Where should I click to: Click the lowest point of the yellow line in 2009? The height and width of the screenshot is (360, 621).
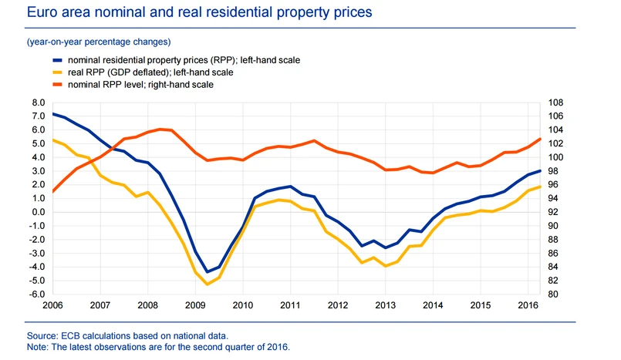(x=207, y=284)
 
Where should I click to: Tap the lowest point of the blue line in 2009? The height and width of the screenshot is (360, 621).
(x=207, y=272)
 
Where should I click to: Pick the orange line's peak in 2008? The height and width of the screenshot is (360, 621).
(x=160, y=129)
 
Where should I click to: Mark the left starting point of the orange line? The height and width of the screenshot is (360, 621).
(x=52, y=191)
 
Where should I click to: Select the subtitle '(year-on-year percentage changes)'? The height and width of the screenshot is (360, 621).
(x=99, y=41)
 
